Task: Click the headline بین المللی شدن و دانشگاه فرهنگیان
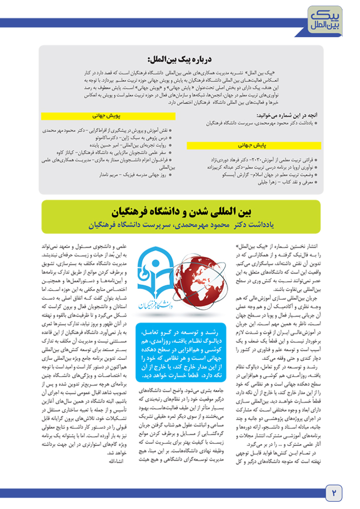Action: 183,211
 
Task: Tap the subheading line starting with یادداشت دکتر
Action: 183,225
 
